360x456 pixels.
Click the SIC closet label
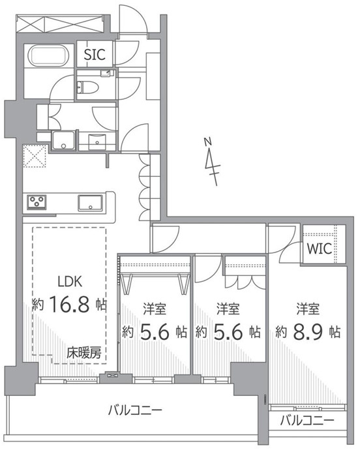tap(94, 54)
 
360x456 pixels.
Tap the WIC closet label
tap(320, 249)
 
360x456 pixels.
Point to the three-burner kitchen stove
tap(37, 202)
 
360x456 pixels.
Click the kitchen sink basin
tap(90, 203)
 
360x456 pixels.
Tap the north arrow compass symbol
tap(212, 162)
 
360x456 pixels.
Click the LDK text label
tap(70, 281)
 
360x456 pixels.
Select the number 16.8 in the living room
tap(69, 304)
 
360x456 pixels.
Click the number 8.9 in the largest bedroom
tap(308, 331)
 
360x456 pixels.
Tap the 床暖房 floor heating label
tap(84, 353)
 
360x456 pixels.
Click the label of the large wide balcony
tap(135, 410)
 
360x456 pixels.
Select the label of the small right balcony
tap(307, 421)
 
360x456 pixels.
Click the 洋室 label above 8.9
tap(308, 309)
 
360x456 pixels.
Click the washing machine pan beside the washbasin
tap(64, 140)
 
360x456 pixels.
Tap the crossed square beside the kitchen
tap(35, 156)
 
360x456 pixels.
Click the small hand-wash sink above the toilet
tap(106, 72)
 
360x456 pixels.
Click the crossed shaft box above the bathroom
tap(59, 23)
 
